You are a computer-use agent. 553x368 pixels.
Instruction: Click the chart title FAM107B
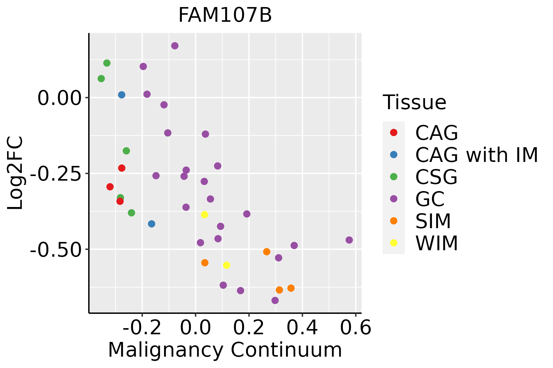tap(225, 15)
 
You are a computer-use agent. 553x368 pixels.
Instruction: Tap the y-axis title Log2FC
tap(15, 173)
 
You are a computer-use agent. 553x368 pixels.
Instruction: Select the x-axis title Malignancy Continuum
tap(225, 350)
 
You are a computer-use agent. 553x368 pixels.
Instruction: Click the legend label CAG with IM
tap(477, 155)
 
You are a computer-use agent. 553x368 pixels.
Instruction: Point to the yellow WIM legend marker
tap(394, 243)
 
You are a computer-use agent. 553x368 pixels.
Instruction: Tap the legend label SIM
tap(433, 221)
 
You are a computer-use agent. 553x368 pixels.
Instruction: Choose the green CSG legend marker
tap(394, 177)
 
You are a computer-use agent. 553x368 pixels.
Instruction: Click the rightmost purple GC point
tap(349, 240)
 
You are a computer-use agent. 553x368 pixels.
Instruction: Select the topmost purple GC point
tap(175, 46)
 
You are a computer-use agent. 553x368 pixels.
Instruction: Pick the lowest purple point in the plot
tap(275, 300)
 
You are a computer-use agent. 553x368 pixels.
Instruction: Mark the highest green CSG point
tap(107, 63)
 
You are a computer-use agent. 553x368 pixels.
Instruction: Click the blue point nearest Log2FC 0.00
tap(122, 95)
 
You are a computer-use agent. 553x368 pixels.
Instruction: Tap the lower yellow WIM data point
tap(226, 265)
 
